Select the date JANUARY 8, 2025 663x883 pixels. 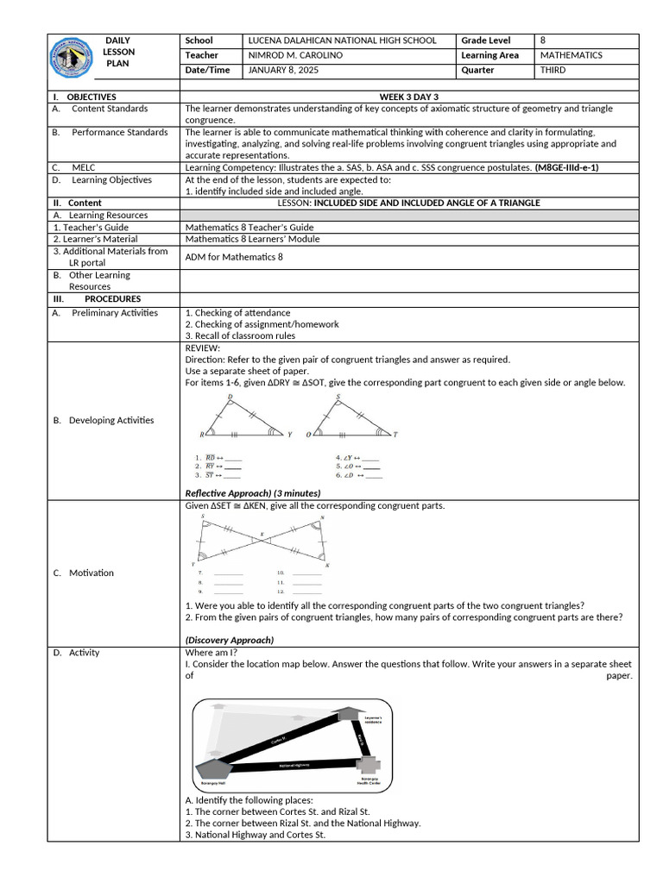[x=283, y=70]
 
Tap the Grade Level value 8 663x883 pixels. [x=543, y=41]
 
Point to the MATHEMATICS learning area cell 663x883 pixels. [x=571, y=55]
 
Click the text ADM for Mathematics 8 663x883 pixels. [x=234, y=257]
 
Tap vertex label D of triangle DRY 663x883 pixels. [x=230, y=398]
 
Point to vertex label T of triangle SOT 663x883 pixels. [x=396, y=435]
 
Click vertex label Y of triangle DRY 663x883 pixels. [x=289, y=435]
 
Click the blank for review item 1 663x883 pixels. [x=233, y=459]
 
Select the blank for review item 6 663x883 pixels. [x=374, y=475]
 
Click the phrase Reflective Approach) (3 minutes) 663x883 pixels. [x=253, y=492]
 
